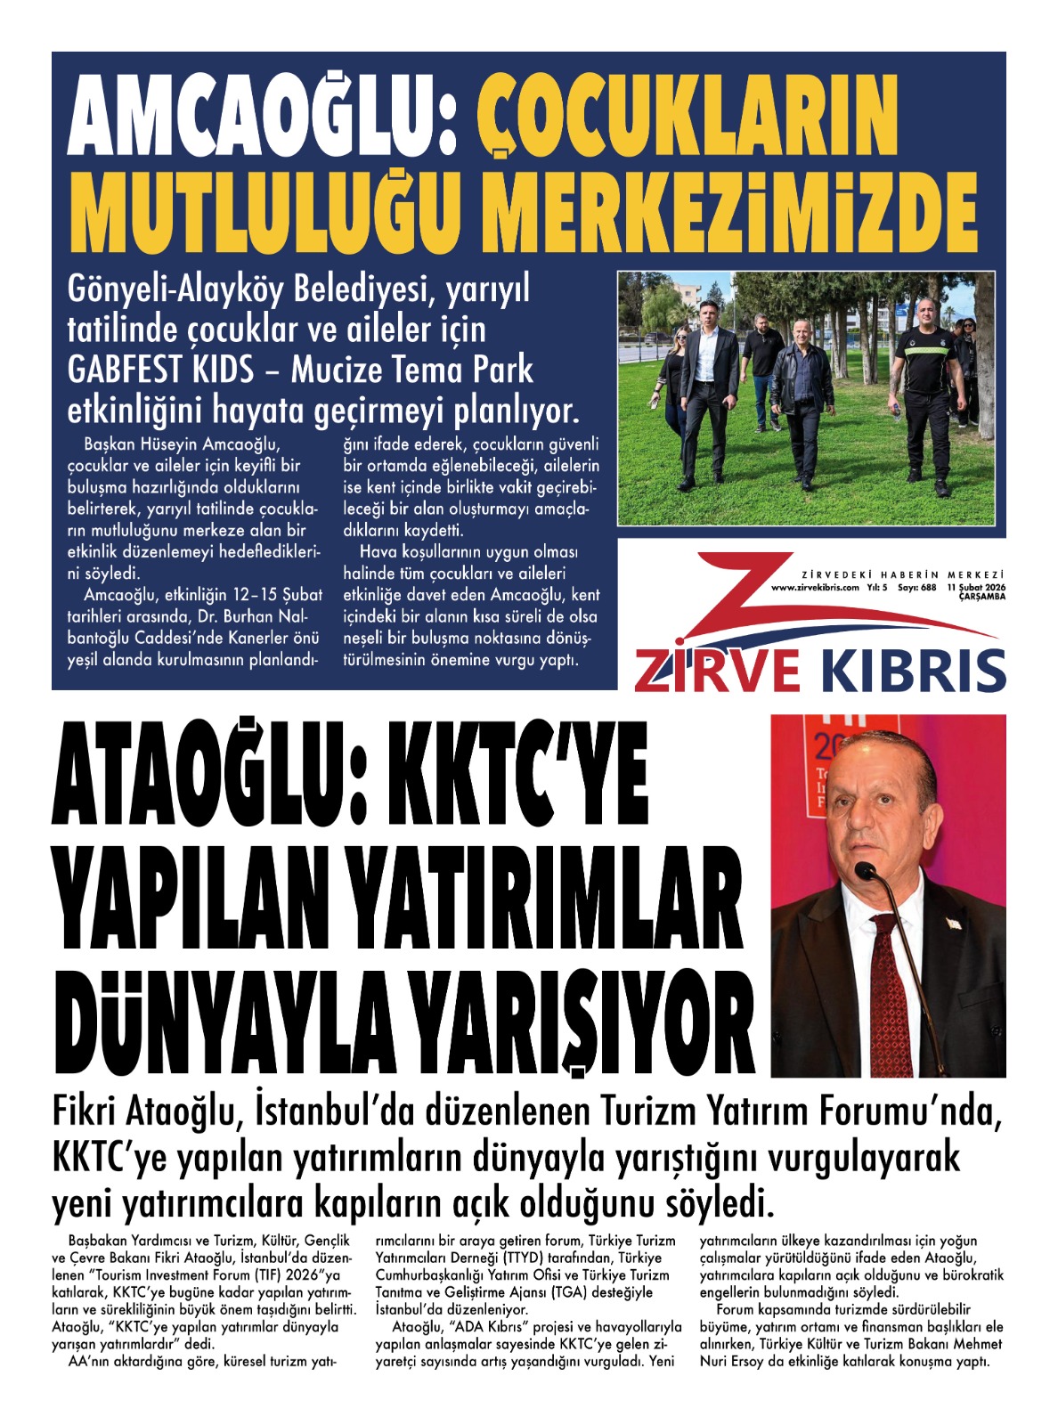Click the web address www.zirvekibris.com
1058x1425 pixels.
[814, 588]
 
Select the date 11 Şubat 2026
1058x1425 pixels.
[976, 588]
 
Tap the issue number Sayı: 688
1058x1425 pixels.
[916, 588]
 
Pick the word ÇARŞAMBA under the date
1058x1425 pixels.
[981, 597]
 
